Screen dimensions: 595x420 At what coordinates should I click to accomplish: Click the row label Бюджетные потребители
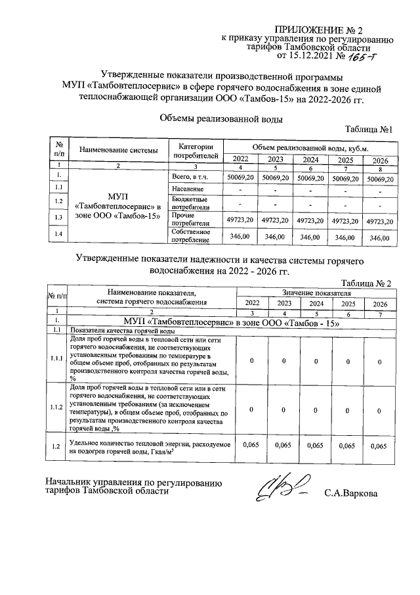coord(189,202)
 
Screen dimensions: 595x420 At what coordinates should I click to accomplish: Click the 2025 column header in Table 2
coord(348,303)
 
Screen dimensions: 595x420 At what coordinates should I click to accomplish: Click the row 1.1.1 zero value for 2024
coord(317,360)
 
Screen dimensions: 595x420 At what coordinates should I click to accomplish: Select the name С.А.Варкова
coord(350,493)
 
